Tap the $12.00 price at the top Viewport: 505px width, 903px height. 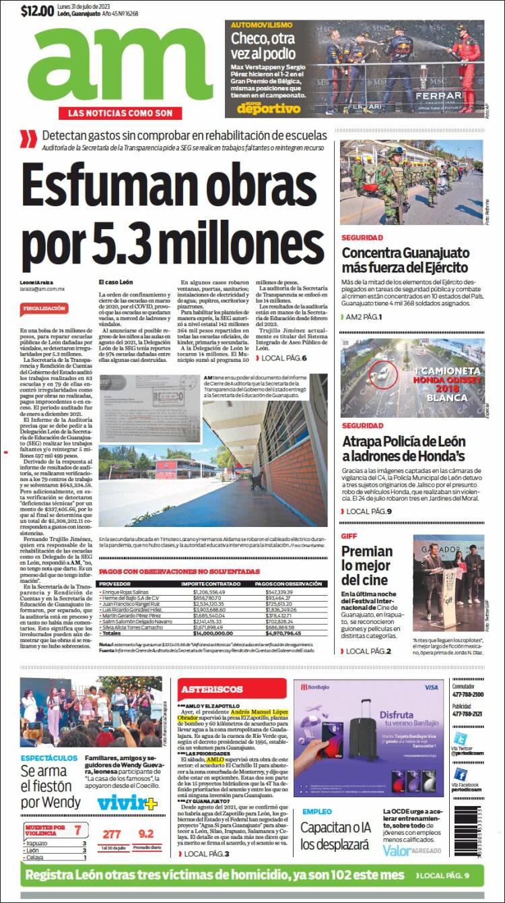[37, 11]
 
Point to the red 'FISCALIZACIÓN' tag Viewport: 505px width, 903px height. [44, 308]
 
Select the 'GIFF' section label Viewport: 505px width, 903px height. [349, 536]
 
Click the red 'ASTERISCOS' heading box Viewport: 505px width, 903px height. [211, 689]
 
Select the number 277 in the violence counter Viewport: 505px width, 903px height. [111, 834]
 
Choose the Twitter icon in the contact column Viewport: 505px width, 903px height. [460, 738]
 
